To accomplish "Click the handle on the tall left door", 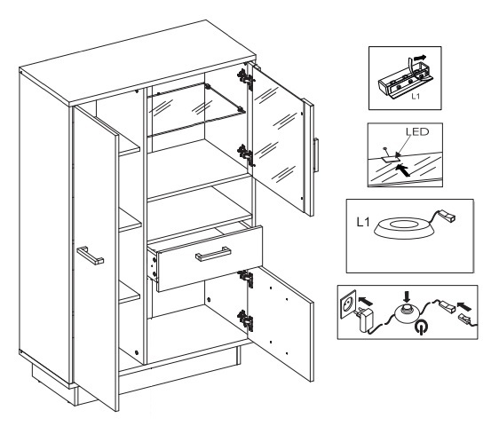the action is tap(90, 256).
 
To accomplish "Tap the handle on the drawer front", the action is tap(213, 254).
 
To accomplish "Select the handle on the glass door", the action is tap(316, 155).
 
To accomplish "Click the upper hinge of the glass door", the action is tap(246, 79).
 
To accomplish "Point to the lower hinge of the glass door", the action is tap(246, 155).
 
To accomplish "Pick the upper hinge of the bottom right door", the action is tap(246, 278).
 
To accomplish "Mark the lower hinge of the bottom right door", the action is tap(246, 320).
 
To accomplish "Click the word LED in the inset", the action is tap(417, 131).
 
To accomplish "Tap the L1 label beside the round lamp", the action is tap(363, 222).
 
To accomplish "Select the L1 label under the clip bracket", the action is tap(416, 96).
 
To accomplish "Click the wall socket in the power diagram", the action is tap(348, 304).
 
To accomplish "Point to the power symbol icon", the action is tap(422, 327).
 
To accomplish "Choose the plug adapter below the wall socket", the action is tap(365, 320).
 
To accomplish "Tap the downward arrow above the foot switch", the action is tap(407, 296).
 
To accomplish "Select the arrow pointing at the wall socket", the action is tap(366, 301).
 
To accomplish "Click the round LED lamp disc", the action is tap(404, 227).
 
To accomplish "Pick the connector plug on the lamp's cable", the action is tap(448, 216).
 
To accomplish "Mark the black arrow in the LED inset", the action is tap(403, 170).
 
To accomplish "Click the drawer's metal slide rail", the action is tap(153, 265).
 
